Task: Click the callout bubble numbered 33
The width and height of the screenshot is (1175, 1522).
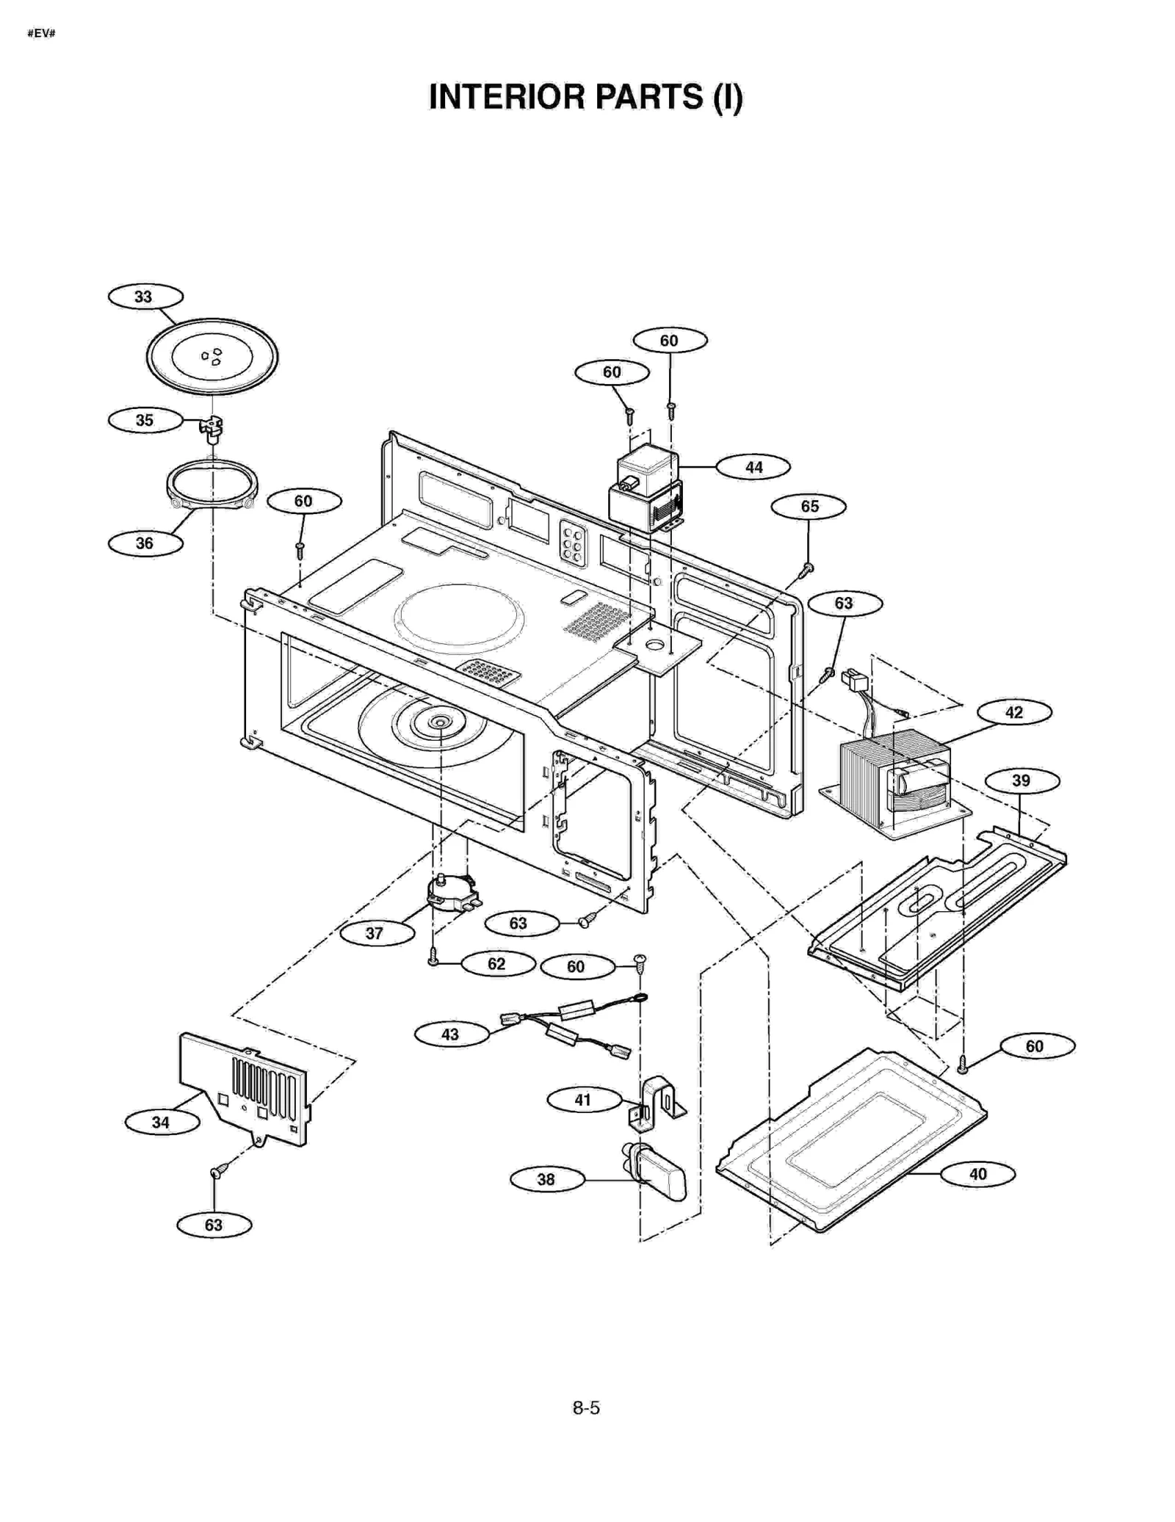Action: (x=145, y=297)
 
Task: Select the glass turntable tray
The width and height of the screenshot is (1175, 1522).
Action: (x=211, y=357)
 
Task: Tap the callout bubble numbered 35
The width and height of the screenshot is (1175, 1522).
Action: (x=145, y=420)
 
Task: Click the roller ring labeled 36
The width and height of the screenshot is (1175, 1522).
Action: (x=211, y=485)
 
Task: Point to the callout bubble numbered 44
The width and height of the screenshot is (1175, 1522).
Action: (x=753, y=467)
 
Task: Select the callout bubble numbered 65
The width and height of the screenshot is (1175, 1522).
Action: (x=809, y=507)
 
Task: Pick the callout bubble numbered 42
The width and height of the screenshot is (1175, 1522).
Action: (x=1013, y=712)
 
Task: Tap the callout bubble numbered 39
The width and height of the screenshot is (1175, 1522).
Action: (x=1021, y=780)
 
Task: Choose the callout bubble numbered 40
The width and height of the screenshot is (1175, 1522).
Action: (x=977, y=1174)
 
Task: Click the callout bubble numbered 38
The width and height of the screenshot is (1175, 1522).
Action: (x=546, y=1179)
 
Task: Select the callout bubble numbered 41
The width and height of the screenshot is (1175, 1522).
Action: (x=583, y=1100)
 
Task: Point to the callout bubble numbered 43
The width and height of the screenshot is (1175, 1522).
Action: (x=451, y=1034)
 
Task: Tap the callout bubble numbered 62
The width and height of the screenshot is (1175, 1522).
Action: (x=497, y=963)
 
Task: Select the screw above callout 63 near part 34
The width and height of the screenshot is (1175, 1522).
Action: (x=217, y=1172)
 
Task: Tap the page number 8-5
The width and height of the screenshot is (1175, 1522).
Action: (x=586, y=1407)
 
